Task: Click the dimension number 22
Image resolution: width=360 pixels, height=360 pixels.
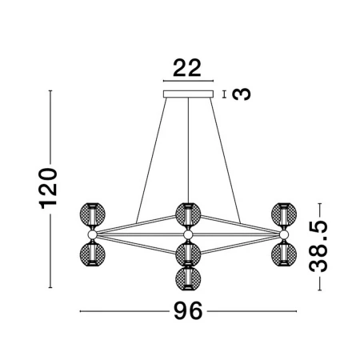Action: pyautogui.click(x=187, y=68)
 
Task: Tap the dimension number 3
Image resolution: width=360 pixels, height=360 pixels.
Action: pyautogui.click(x=242, y=94)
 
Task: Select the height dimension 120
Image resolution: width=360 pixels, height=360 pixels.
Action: pyautogui.click(x=48, y=188)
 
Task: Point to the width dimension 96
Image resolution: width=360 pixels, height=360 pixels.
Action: pyautogui.click(x=188, y=310)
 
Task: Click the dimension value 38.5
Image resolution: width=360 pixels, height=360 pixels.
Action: pyautogui.click(x=318, y=246)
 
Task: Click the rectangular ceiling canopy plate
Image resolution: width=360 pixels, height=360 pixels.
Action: pyautogui.click(x=188, y=94)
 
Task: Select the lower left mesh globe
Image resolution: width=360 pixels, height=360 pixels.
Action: pyautogui.click(x=93, y=254)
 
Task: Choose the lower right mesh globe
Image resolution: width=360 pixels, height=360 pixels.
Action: pyautogui.click(x=284, y=254)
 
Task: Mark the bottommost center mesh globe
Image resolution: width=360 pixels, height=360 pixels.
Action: pyautogui.click(x=188, y=278)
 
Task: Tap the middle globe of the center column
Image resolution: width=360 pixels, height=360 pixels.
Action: pyautogui.click(x=188, y=254)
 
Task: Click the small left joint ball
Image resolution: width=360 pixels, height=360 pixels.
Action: pyautogui.click(x=93, y=234)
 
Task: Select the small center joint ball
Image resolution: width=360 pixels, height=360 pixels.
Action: pyautogui.click(x=188, y=234)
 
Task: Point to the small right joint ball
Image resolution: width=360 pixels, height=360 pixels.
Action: pyautogui.click(x=284, y=234)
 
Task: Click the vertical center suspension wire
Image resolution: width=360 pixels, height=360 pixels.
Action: pyautogui.click(x=188, y=150)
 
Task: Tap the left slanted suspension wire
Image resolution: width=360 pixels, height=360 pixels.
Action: pyautogui.click(x=151, y=160)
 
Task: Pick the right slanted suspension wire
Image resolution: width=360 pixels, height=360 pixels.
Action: pyautogui.click(x=225, y=160)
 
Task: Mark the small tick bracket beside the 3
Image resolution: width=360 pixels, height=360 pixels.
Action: pyautogui.click(x=225, y=94)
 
